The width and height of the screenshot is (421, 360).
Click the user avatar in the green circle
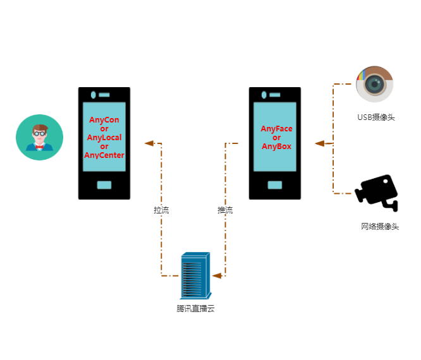[39, 138]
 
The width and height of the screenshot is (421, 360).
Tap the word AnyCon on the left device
[104, 120]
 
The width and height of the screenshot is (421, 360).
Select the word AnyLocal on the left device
[104, 138]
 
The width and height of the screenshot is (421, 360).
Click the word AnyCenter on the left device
[104, 155]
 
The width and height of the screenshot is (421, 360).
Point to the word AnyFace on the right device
[277, 129]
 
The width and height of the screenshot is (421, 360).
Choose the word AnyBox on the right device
[277, 147]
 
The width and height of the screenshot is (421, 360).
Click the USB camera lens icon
[374, 84]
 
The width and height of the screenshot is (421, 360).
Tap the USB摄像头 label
[375, 117]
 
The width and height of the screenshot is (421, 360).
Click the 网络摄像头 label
[380, 226]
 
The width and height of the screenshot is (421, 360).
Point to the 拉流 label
[161, 210]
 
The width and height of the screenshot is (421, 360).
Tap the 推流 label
[225, 210]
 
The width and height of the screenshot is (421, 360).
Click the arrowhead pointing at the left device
[149, 143]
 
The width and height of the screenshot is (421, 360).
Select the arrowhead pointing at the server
[216, 276]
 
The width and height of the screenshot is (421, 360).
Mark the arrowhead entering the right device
[320, 143]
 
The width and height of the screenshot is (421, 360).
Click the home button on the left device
[104, 185]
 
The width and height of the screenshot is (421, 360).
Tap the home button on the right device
[274, 185]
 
